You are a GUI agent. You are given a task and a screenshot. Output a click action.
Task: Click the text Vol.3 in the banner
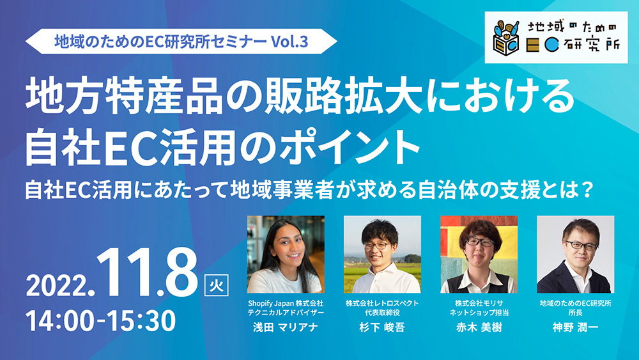click(x=289, y=42)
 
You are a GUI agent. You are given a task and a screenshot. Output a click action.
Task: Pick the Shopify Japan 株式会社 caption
click(x=285, y=303)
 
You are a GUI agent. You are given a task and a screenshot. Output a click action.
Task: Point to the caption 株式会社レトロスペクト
click(x=382, y=303)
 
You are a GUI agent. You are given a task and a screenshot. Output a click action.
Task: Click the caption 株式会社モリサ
click(x=479, y=303)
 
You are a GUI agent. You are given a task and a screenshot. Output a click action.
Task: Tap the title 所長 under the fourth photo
click(x=575, y=313)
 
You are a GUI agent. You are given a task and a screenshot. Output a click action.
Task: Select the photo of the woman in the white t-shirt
click(x=285, y=254)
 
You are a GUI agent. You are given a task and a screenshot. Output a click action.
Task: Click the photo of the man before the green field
click(x=382, y=254)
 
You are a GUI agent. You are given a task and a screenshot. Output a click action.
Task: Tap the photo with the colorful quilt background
click(x=479, y=254)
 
